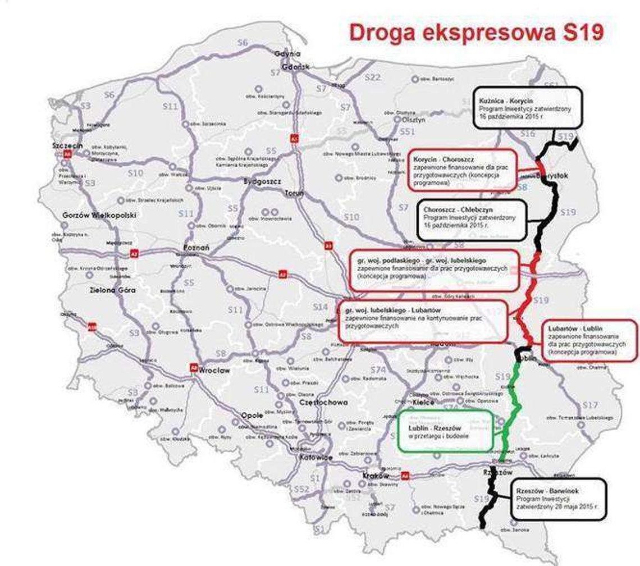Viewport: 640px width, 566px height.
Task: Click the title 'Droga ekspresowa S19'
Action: point(476,32)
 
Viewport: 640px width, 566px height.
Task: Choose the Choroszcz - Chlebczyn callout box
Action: point(472,220)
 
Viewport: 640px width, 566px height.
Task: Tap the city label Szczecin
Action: point(67,146)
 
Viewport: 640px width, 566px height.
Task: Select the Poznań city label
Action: point(196,248)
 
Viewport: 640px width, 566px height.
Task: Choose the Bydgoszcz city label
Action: point(262,181)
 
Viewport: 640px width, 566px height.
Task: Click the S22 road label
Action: point(372,77)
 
